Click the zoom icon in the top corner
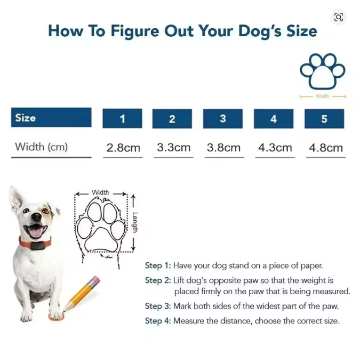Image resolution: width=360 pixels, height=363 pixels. point(339,17)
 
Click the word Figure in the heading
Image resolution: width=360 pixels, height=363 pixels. point(135,31)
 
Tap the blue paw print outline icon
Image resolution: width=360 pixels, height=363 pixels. point(323,71)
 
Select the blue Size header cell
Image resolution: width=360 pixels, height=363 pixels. point(51,117)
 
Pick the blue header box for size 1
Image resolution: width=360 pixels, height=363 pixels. point(122,118)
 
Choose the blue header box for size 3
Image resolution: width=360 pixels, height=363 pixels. point(223,118)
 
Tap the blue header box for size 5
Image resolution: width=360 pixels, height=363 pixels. point(324,119)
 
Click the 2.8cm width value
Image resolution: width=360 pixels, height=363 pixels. point(123,148)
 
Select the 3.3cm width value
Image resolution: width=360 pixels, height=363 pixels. point(173,148)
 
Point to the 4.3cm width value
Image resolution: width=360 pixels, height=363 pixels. point(275,148)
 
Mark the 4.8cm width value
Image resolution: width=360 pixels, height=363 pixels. point(326,148)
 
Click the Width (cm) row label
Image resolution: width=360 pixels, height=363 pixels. point(41,147)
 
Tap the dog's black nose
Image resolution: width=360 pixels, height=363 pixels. point(36,217)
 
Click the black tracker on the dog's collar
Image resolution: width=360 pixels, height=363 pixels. point(37,246)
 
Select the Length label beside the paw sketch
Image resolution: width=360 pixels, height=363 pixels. point(135,222)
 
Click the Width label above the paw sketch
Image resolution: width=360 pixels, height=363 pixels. point(100,192)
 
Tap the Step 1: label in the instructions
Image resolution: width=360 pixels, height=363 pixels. point(158,265)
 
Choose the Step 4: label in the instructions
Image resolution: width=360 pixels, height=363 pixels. point(158,321)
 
